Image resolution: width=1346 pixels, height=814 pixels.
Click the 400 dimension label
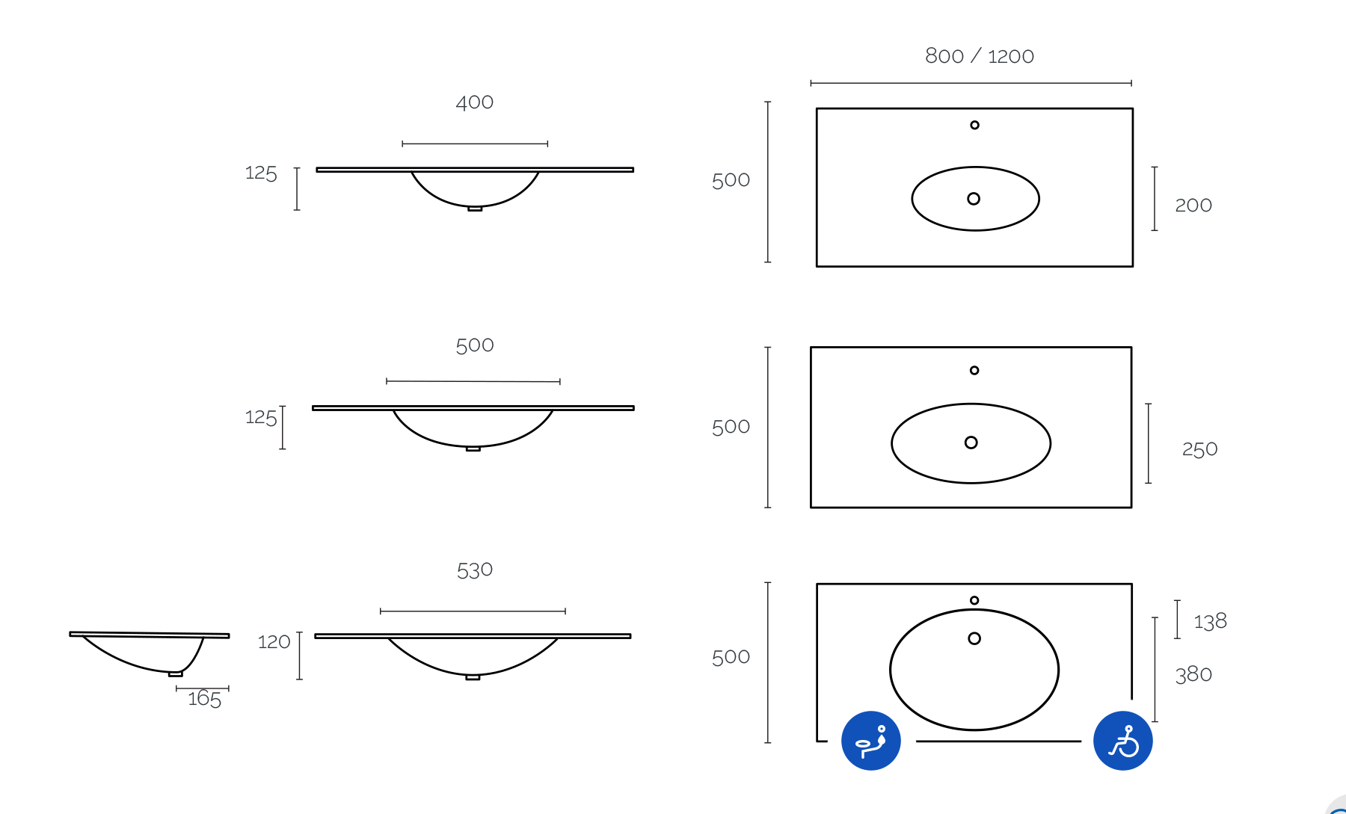(x=475, y=102)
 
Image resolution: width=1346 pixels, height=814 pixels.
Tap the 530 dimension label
(x=475, y=570)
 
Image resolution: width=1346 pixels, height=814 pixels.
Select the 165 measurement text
(x=204, y=699)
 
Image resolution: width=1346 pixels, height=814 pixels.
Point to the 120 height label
(x=274, y=642)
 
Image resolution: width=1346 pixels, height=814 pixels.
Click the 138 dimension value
(x=1210, y=621)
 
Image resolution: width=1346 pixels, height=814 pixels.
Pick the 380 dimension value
(x=1193, y=674)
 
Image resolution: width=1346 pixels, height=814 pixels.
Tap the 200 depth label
(x=1193, y=205)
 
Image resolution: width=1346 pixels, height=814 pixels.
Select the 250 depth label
(x=1199, y=449)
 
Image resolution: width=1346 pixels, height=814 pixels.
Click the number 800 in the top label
(x=944, y=56)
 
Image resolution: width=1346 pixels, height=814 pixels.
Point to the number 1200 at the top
(x=1011, y=57)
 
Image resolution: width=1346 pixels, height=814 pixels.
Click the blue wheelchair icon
(x=1122, y=741)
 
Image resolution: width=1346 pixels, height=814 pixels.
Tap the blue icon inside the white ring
(x=871, y=741)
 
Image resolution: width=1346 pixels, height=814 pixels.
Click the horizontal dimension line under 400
(x=475, y=144)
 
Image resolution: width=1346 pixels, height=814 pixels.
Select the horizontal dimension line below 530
(x=473, y=611)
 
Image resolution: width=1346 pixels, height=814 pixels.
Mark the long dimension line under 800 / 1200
(x=971, y=83)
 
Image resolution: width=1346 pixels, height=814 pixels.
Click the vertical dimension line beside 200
(x=1155, y=199)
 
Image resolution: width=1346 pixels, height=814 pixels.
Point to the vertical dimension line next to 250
(x=1149, y=443)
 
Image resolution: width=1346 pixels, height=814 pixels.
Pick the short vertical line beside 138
(x=1177, y=619)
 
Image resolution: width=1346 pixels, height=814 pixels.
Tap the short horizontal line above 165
(x=203, y=688)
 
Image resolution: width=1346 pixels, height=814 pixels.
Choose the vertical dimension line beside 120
(x=300, y=656)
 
